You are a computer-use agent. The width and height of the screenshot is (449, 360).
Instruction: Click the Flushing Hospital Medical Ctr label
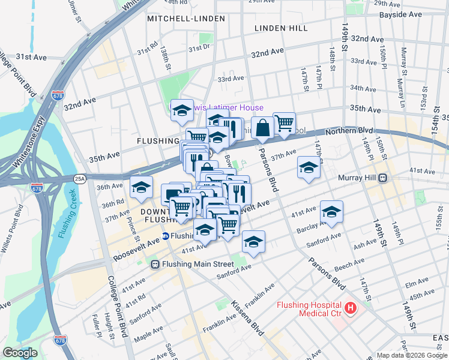point(309,309)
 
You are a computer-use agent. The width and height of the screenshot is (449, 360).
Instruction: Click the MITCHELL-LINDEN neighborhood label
point(186,19)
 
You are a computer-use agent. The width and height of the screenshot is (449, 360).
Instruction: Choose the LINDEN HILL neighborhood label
point(281,28)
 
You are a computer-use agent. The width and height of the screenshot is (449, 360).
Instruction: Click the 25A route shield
point(80,178)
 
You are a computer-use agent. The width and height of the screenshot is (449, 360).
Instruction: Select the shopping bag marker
point(262,127)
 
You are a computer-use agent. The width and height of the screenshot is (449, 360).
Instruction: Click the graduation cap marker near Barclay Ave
point(331,211)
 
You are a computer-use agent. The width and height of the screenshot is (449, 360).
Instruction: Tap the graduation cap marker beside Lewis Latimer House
point(182,110)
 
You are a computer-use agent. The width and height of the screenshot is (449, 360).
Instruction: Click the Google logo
point(20,353)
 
